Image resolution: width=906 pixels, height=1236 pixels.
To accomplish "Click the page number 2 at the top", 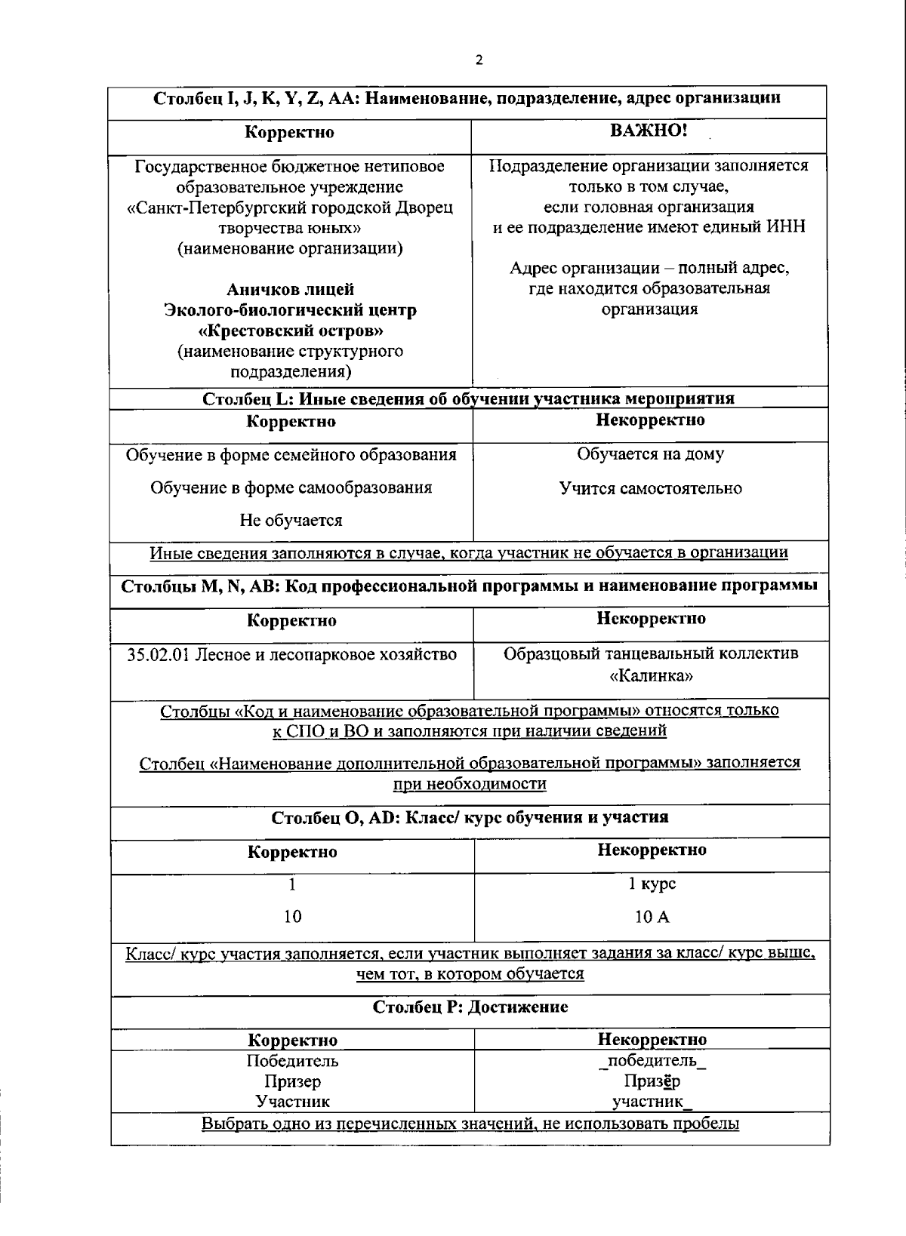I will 479,61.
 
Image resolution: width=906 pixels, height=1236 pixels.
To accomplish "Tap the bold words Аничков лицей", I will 291,290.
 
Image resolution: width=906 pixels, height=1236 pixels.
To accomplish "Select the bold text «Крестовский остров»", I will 291,331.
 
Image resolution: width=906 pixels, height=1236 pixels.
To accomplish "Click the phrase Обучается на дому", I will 650,454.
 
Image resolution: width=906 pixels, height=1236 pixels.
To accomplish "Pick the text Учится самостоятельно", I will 650,488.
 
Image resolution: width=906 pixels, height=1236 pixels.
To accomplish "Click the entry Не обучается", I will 291,521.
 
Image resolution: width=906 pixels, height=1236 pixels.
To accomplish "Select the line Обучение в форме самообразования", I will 291,487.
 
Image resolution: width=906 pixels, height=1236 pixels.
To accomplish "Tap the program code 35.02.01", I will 158,655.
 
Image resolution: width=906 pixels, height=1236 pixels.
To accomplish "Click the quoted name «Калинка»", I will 650,675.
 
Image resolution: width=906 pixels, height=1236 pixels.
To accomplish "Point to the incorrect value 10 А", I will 652,918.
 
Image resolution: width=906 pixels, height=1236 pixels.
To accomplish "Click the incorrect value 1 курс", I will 652,884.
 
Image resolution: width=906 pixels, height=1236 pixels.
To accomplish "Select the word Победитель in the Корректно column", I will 292,1061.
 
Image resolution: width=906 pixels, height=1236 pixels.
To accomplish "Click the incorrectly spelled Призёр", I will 652,1081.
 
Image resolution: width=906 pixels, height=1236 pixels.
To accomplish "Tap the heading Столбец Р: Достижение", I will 470,1007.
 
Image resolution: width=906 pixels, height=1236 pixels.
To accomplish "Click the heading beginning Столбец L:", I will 468,398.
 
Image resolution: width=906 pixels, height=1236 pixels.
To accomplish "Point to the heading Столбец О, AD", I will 469,817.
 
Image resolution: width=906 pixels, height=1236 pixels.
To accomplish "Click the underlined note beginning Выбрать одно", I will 470,1124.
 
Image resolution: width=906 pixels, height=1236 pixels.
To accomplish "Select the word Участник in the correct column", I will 292,1102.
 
